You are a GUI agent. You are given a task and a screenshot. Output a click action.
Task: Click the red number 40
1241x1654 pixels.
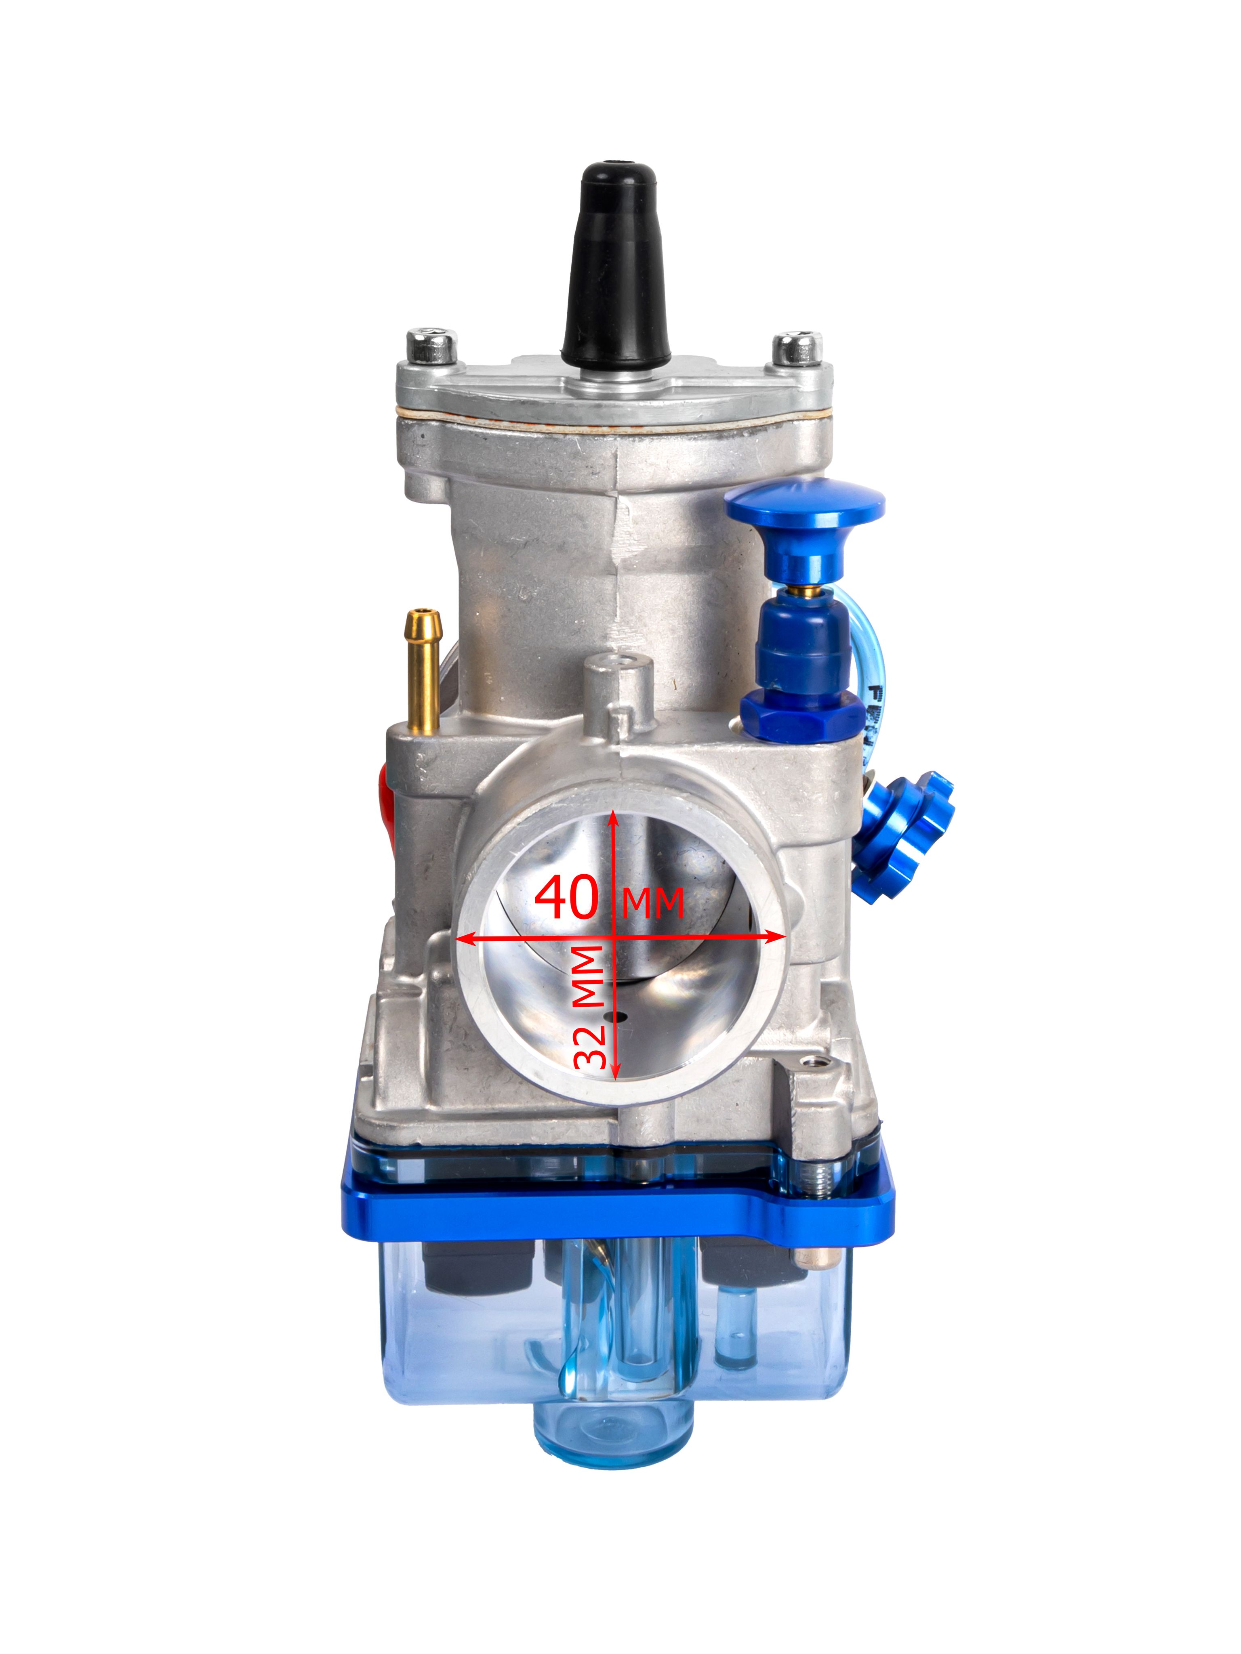tap(567, 896)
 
